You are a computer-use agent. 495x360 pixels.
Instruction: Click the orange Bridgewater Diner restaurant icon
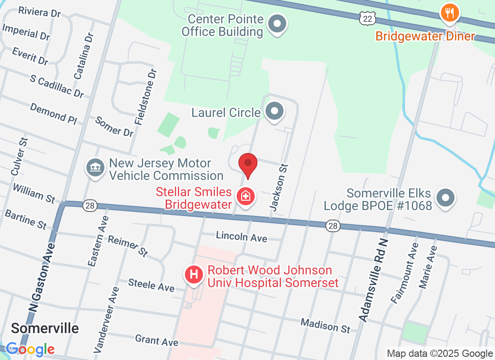click(450, 13)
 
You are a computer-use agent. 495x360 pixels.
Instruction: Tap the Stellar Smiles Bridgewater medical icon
click(246, 197)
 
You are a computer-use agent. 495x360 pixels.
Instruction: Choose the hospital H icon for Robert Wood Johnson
click(194, 274)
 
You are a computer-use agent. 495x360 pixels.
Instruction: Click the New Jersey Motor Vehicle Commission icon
click(94, 168)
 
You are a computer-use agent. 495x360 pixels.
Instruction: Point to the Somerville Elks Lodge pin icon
click(446, 198)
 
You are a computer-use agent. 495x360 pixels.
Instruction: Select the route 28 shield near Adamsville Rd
click(333, 226)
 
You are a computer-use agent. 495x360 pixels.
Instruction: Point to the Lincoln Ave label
click(241, 237)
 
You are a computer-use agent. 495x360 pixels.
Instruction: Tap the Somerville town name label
click(45, 328)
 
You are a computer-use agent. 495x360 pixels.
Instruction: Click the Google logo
click(30, 349)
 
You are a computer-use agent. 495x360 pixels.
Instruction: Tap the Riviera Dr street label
click(40, 12)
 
